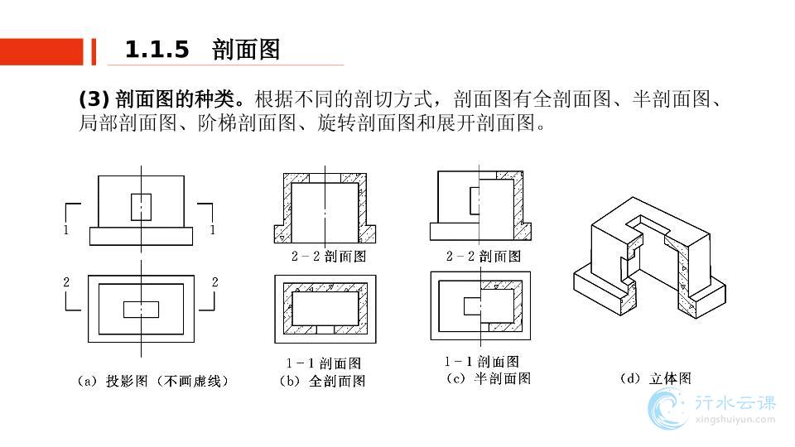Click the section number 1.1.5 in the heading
(157, 50)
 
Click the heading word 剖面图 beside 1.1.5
(246, 50)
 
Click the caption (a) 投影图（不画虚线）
(152, 381)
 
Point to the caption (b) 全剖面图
(323, 381)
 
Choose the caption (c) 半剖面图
(488, 378)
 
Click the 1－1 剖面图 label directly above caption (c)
(482, 362)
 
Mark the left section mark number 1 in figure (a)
(66, 230)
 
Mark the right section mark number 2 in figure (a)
(214, 282)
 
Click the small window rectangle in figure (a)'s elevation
(142, 207)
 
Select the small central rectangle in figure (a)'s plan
(141, 309)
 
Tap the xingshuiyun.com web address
(734, 420)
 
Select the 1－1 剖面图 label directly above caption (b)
(323, 363)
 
